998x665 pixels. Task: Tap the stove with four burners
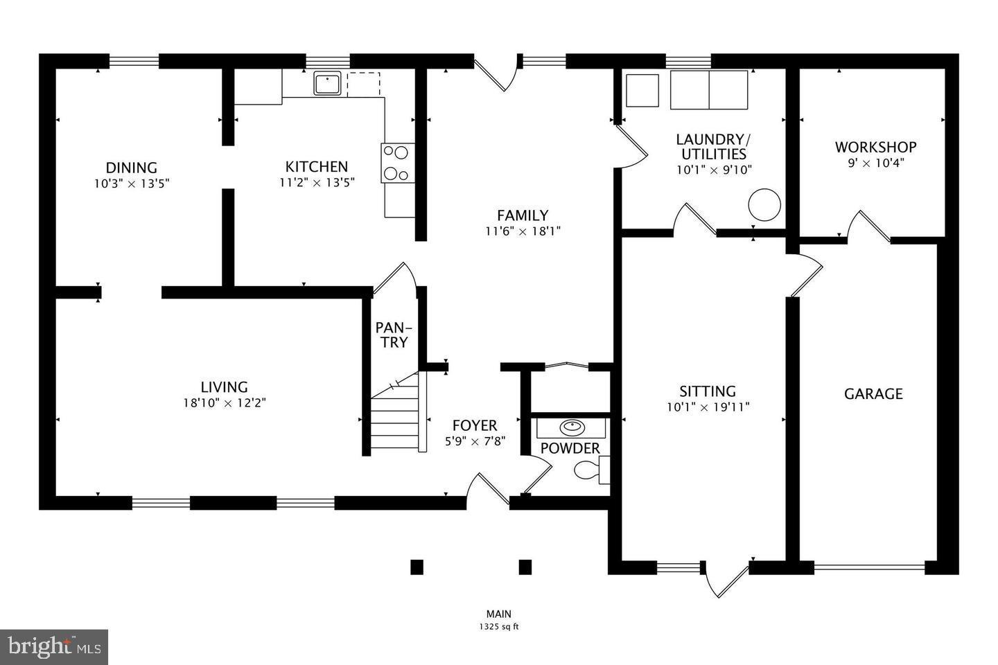coord(397,163)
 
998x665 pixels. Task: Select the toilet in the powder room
coord(587,470)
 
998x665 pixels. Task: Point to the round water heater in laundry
coord(764,205)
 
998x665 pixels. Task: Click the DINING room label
coord(131,168)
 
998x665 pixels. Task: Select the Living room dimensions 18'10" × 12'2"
coord(224,402)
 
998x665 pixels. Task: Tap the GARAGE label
coord(873,394)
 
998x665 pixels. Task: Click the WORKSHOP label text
coord(875,147)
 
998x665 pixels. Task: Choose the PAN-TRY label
coord(392,335)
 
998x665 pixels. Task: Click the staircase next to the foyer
coord(396,416)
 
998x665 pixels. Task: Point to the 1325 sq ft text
coord(498,627)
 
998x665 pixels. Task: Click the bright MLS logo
coord(53,647)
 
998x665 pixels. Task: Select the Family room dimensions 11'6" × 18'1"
coord(523,231)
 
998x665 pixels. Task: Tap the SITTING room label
coord(707,391)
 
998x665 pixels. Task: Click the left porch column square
coord(417,567)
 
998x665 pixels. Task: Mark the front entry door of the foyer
coord(488,488)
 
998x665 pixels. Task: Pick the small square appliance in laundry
coord(642,90)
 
